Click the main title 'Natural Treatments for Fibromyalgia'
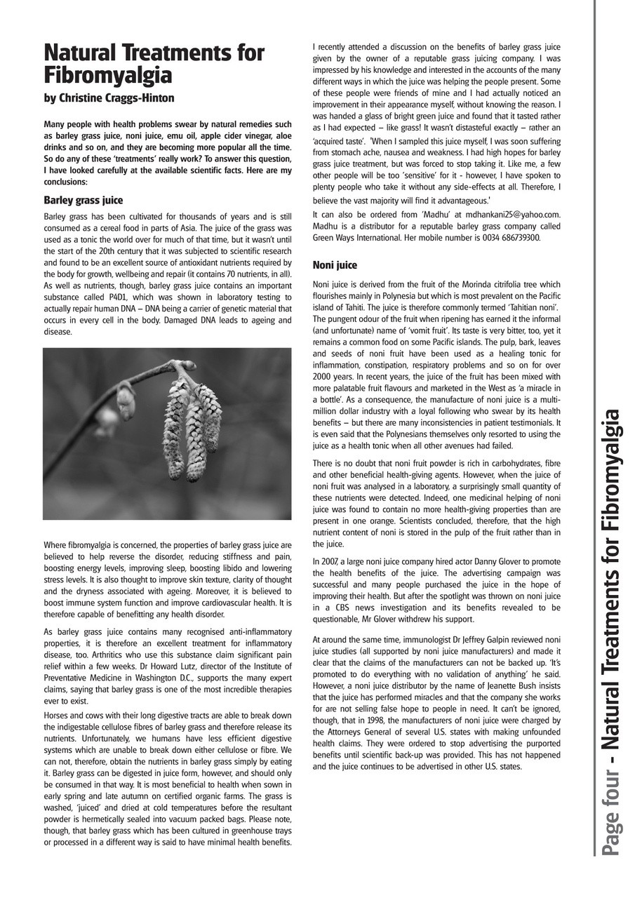[154, 64]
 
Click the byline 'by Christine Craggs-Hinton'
[109, 98]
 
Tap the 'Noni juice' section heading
[335, 265]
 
